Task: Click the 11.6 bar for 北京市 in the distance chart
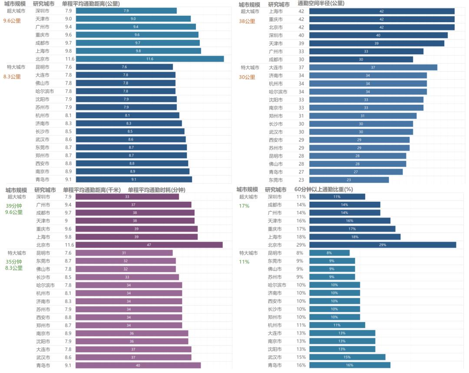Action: [x=150, y=59]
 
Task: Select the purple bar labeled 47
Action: [x=149, y=245]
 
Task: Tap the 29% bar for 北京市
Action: [x=382, y=245]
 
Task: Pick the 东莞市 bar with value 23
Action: [x=349, y=180]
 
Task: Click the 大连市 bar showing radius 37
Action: [x=373, y=67]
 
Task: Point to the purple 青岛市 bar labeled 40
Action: [x=138, y=365]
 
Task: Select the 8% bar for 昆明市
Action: [x=329, y=253]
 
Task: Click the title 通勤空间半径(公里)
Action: [x=321, y=3]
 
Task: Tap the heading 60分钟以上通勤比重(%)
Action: [x=324, y=190]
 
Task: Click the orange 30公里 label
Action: [x=247, y=77]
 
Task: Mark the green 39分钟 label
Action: [x=14, y=206]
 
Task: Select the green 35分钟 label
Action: [x=14, y=262]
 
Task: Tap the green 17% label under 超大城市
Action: [x=244, y=206]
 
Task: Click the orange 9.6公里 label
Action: [x=12, y=20]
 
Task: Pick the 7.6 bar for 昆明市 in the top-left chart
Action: [x=124, y=67]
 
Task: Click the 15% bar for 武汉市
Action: [x=347, y=357]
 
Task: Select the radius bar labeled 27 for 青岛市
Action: [x=356, y=172]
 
